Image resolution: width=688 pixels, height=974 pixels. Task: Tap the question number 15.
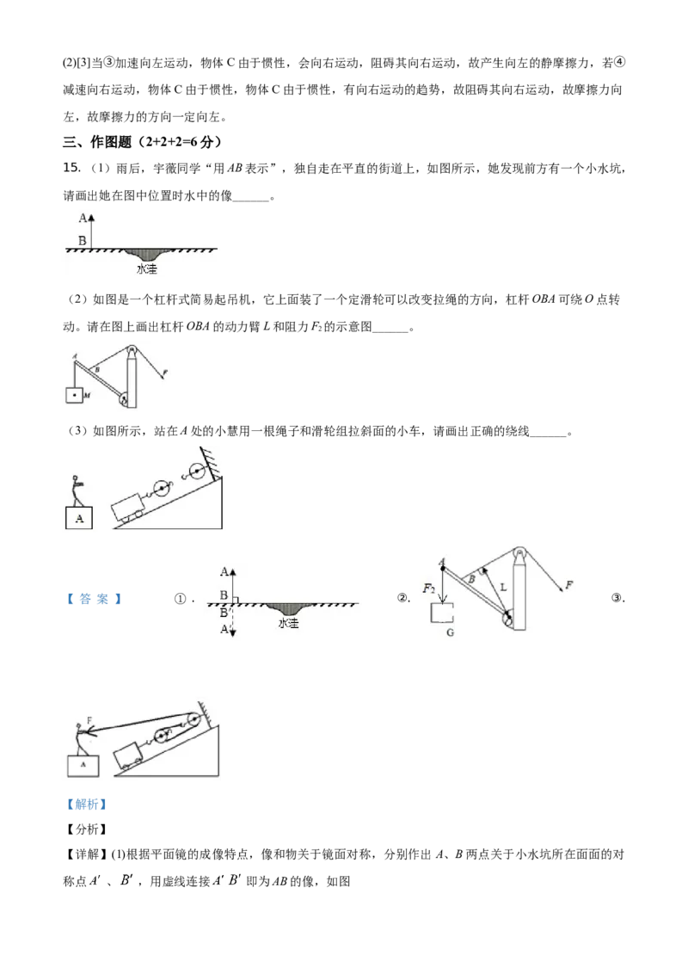point(71,168)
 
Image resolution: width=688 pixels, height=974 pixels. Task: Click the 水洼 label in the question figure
point(147,269)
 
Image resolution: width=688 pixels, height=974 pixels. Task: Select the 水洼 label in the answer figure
point(289,623)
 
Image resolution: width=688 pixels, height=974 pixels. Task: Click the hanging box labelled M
point(74,394)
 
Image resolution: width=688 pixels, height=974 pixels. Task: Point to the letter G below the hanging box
point(450,632)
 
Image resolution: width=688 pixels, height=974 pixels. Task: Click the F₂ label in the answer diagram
point(428,588)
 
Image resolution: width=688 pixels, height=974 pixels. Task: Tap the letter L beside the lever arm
point(503,587)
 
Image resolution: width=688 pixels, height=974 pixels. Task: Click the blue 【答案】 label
point(94,599)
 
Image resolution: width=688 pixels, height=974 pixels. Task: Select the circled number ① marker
point(180,599)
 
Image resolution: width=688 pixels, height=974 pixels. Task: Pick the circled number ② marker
point(402,598)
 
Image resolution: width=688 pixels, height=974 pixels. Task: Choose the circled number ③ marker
point(617,598)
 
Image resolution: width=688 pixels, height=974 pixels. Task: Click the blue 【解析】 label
point(86,804)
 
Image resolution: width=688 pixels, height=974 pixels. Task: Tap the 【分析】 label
point(86,829)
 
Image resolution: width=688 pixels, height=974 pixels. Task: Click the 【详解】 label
point(86,854)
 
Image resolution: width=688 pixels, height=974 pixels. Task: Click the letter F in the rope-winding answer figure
point(90,720)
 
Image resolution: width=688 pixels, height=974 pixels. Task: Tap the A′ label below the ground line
point(224,629)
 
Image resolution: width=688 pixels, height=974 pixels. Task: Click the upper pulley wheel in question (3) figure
point(197,472)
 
